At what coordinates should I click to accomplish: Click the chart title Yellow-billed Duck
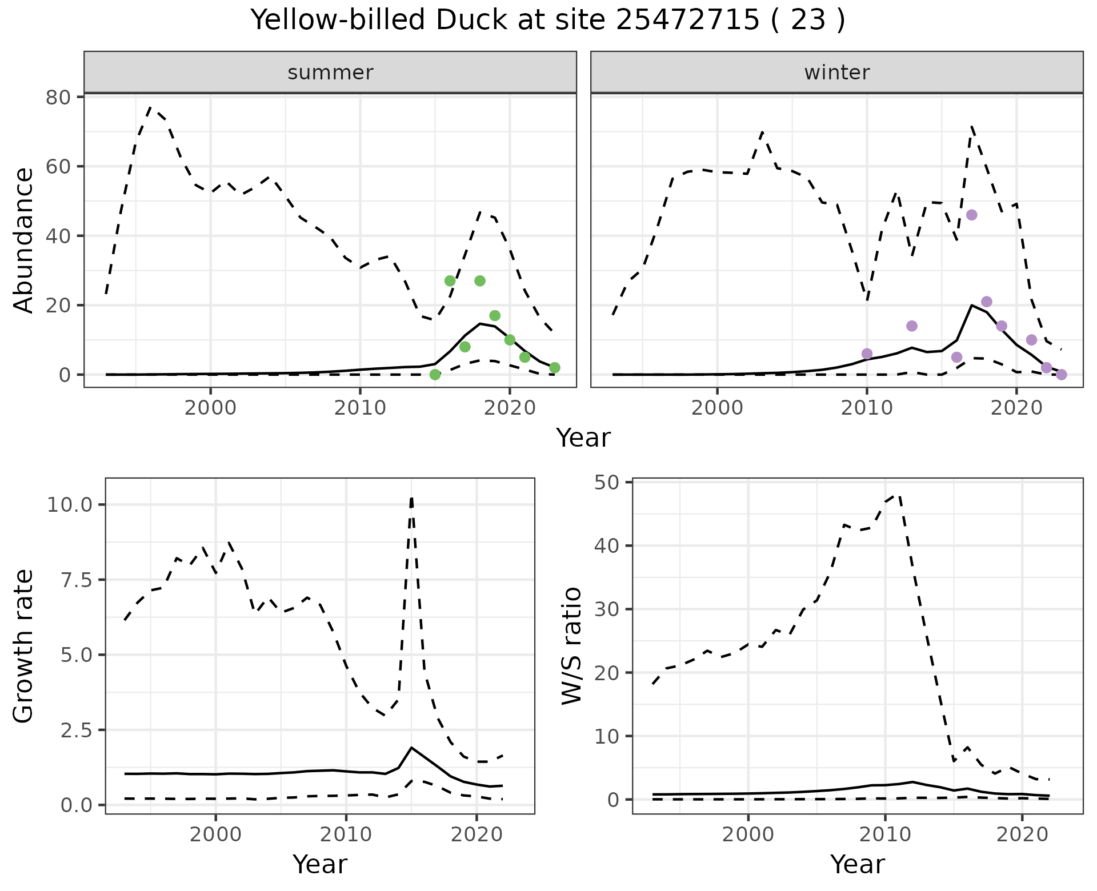547,21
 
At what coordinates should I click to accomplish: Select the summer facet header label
330,73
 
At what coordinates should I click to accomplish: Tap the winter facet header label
836,73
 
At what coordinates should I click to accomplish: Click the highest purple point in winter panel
971,215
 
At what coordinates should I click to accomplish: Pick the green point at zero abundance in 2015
435,375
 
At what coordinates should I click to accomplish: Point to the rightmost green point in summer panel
554,368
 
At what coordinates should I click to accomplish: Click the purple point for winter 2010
867,354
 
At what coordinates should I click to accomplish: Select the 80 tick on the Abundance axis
58,97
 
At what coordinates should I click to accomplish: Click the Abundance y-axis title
24,240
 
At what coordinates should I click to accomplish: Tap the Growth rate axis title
24,646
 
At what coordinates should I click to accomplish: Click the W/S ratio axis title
572,646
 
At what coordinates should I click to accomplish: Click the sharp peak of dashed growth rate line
411,497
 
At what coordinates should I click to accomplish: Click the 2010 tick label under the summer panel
360,408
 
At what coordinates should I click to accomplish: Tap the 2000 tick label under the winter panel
716,408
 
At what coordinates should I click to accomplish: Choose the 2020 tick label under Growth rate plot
477,834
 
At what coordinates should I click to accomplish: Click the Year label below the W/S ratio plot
858,864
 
